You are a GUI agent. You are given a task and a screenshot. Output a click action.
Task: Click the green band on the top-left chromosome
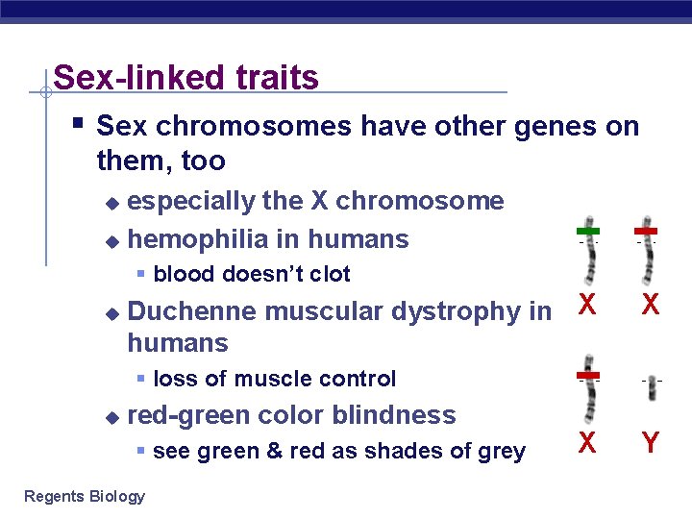(x=588, y=232)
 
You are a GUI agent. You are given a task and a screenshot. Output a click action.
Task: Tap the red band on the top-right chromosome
(x=646, y=232)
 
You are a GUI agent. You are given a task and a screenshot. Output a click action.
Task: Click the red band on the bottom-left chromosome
(x=588, y=375)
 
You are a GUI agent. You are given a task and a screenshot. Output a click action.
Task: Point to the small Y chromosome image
(x=651, y=382)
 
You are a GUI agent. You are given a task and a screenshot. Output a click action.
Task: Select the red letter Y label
(x=651, y=443)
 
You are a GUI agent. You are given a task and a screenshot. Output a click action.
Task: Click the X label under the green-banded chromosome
(x=588, y=306)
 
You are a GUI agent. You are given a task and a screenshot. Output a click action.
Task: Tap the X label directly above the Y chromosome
(x=651, y=306)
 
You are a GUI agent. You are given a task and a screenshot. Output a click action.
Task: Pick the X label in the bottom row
(x=588, y=443)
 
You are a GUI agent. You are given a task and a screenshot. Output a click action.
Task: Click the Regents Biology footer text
(x=85, y=496)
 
